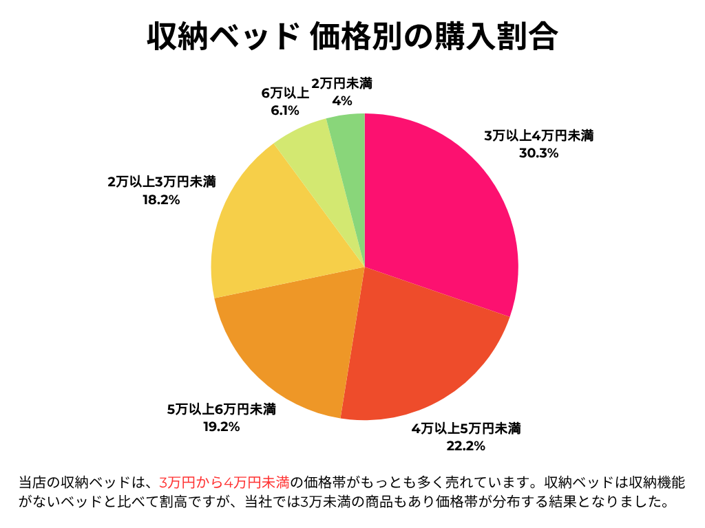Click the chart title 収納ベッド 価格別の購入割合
352,36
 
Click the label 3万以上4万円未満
538,136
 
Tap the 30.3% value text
538,153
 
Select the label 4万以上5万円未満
466,429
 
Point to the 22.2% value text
466,446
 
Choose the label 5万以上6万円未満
222,410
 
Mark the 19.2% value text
222,427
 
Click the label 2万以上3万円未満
162,183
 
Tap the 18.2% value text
162,200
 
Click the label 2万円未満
341,84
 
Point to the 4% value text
341,101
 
